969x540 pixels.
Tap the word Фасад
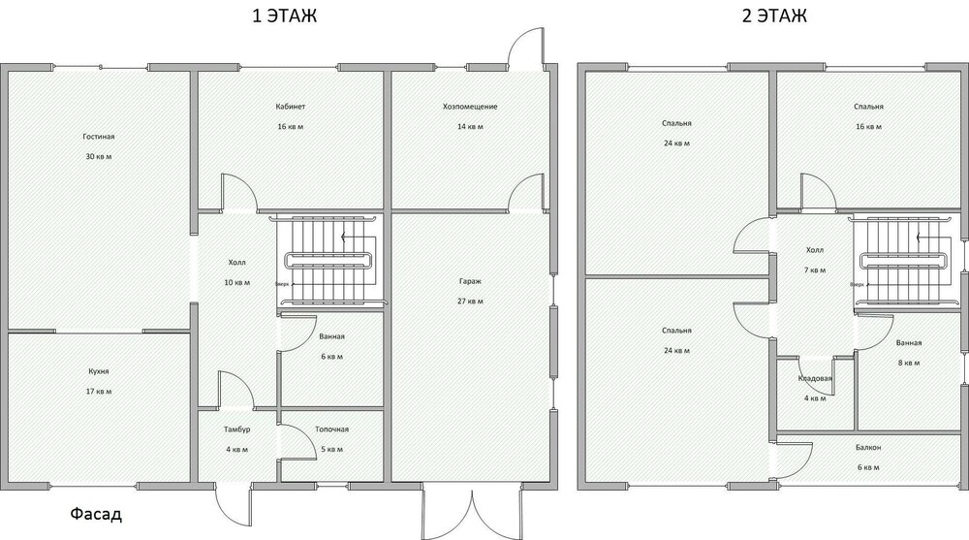(95, 515)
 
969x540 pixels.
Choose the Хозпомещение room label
(470, 107)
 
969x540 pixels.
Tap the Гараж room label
(471, 281)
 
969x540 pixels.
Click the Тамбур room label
(237, 429)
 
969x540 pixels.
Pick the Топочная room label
(331, 429)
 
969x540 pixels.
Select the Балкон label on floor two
(867, 448)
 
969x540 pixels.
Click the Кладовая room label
(815, 378)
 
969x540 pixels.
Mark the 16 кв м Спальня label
(867, 107)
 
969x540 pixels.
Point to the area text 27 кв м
(471, 302)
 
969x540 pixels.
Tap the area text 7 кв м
(815, 270)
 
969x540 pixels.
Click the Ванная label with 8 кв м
(908, 343)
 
